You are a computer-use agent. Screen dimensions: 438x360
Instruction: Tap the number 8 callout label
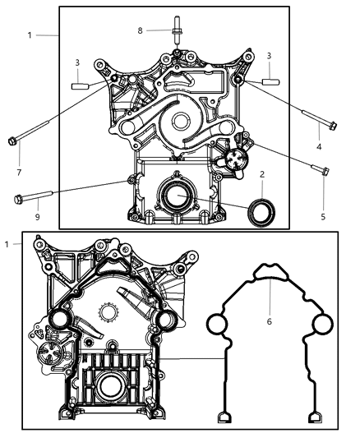(x=141, y=30)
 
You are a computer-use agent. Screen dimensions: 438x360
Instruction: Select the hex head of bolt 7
(x=12, y=140)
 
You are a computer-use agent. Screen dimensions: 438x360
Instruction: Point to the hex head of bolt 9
(x=19, y=198)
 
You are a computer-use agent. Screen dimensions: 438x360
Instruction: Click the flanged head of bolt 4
(x=332, y=126)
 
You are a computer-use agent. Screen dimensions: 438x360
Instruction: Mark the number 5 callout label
(x=323, y=217)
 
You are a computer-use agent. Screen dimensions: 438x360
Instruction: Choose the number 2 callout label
(x=261, y=175)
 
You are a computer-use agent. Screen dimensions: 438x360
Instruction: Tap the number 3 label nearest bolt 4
(x=268, y=55)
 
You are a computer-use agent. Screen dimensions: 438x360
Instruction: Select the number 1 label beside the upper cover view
(x=30, y=36)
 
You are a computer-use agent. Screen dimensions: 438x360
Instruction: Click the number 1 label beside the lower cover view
(x=8, y=244)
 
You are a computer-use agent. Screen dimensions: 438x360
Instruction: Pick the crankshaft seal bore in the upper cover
(x=174, y=197)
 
